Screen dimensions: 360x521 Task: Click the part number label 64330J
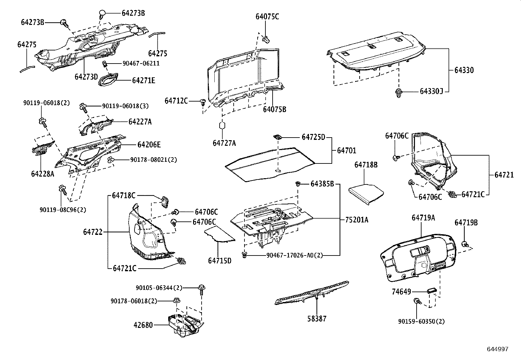[x=431, y=91]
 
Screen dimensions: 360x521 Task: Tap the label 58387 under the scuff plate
[x=317, y=318]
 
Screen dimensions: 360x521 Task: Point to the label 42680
[x=143, y=325]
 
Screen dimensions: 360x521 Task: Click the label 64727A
[x=224, y=143]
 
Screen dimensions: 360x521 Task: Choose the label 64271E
[x=144, y=80]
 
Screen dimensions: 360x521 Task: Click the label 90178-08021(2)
[x=153, y=160]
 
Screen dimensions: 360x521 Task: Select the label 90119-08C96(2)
[x=63, y=210]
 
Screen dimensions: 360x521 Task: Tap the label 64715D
[x=220, y=260]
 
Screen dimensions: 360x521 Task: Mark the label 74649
[x=401, y=291]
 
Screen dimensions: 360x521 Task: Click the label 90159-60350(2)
[x=422, y=321]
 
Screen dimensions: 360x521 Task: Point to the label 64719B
[x=466, y=223]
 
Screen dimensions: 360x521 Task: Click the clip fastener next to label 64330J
[x=398, y=92]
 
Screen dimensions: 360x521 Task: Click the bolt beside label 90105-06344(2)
[x=202, y=289]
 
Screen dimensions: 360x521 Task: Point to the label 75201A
[x=356, y=220]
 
